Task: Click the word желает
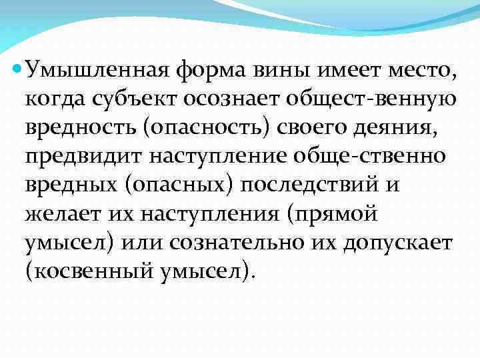pyautogui.click(x=57, y=214)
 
